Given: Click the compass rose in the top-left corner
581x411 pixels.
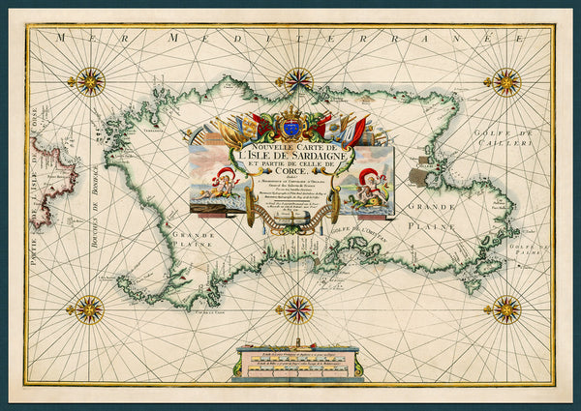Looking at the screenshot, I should point(91,81).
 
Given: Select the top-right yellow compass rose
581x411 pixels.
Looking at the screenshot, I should point(505,81).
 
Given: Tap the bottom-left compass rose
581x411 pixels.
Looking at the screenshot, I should point(91,309).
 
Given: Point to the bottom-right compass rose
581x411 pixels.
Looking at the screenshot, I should point(505,309).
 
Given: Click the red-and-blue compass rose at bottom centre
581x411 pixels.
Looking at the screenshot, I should point(298,310).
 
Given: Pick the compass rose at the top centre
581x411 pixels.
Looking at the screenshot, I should point(298,80).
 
